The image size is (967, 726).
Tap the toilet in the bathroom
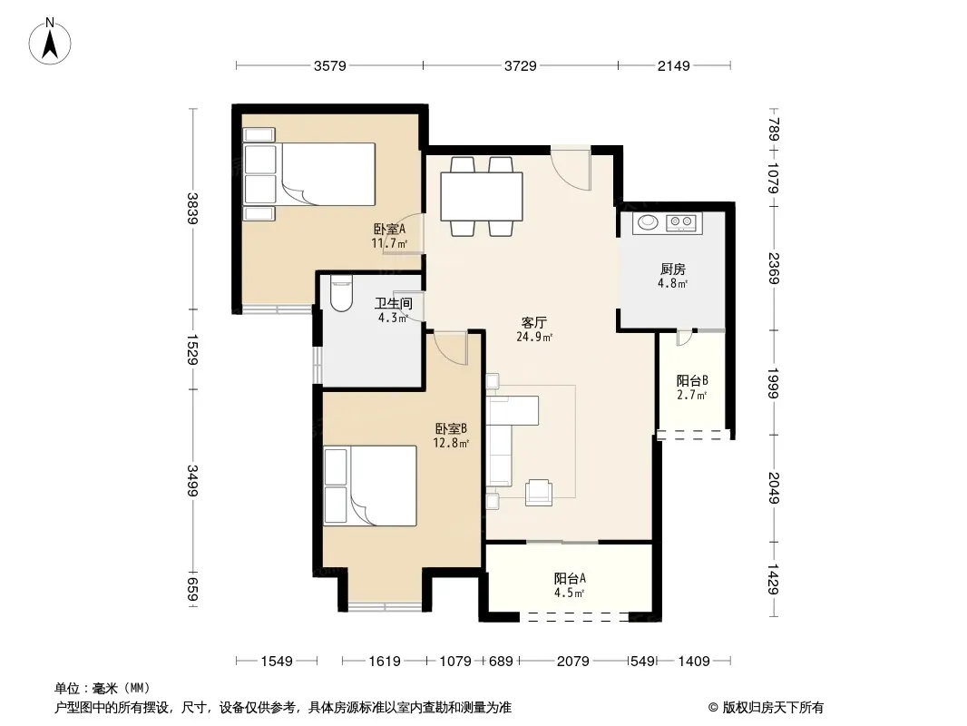tap(341, 294)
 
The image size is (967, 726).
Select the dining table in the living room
tap(482, 196)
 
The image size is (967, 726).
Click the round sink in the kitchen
tap(648, 221)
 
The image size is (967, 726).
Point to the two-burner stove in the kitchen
tap(683, 221)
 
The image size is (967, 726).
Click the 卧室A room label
tap(390, 229)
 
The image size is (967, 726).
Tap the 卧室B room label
tap(451, 428)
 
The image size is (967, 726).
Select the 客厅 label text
tap(534, 322)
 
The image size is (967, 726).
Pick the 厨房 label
tap(673, 269)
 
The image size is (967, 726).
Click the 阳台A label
tap(570, 579)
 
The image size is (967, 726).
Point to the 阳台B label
tap(692, 380)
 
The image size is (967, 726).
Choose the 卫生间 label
tap(394, 303)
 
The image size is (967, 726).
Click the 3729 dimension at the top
tap(521, 65)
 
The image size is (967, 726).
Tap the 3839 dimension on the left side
tap(192, 209)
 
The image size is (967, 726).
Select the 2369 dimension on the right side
tap(774, 269)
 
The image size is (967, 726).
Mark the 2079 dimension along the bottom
tap(573, 662)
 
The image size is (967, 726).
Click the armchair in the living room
tap(539, 492)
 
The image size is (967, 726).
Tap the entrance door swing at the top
tap(571, 168)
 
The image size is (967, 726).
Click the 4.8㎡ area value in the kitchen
tap(672, 284)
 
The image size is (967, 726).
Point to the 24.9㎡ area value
tap(534, 337)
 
